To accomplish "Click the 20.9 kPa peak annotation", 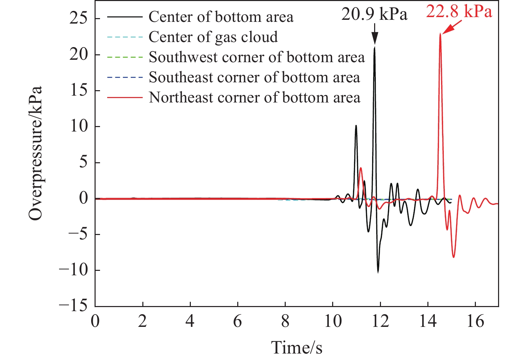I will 374,15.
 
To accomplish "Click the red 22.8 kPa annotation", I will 459,12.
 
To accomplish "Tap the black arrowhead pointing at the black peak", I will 375,38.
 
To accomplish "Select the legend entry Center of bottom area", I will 221,17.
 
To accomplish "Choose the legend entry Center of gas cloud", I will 213,37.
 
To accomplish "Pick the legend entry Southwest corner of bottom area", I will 257,57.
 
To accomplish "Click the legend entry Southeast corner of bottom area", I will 254,78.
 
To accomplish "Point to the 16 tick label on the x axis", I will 475,321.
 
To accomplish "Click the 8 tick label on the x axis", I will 285,321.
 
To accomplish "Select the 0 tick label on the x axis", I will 95,321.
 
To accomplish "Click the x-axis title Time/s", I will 297,348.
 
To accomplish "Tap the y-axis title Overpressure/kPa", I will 36,153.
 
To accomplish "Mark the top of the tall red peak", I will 440,34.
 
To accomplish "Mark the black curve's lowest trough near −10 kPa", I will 378,272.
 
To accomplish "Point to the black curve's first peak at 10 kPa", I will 356,125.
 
